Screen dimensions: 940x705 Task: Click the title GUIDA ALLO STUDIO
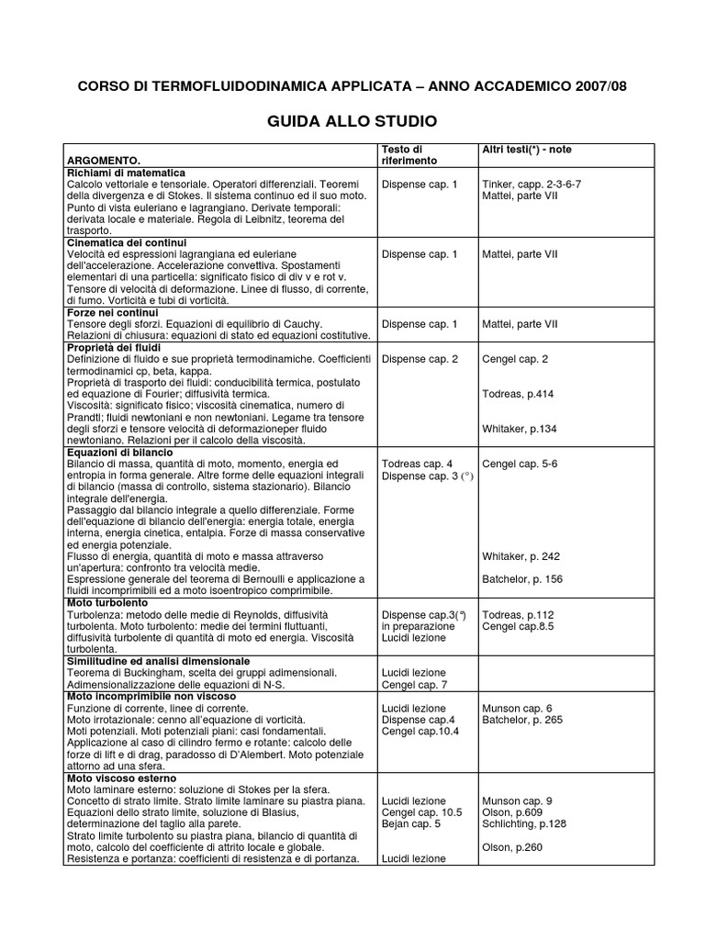tap(352, 121)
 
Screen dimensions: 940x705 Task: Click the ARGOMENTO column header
tap(104, 161)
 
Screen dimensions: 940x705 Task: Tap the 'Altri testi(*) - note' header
tap(527, 149)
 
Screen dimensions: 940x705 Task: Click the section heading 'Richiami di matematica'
tap(126, 173)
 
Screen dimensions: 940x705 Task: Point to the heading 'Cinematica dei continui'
tap(127, 242)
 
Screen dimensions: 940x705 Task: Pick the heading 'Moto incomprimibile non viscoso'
tap(151, 696)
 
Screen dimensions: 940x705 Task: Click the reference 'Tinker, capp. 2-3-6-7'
tap(532, 184)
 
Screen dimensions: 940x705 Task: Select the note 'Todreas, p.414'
tap(518, 394)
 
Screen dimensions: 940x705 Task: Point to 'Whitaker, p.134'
tap(520, 429)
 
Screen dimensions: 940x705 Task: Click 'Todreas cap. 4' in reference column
tap(417, 464)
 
